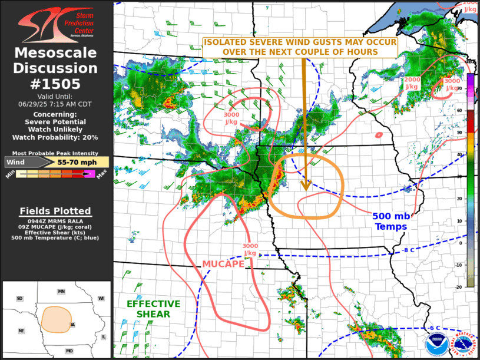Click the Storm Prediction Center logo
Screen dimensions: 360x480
[56, 24]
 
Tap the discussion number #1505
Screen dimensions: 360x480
[56, 84]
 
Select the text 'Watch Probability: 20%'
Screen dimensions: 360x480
[57, 137]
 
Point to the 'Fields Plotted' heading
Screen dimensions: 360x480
[55, 211]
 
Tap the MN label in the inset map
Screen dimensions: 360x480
[61, 292]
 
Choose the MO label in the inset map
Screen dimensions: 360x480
[69, 351]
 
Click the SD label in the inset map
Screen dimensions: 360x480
[19, 299]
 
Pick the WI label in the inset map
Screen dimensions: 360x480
[101, 299]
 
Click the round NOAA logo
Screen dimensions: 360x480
[436, 342]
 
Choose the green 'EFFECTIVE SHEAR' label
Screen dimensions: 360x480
[153, 309]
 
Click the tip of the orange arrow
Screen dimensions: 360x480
[306, 190]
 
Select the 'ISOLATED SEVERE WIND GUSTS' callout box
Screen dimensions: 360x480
[300, 47]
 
